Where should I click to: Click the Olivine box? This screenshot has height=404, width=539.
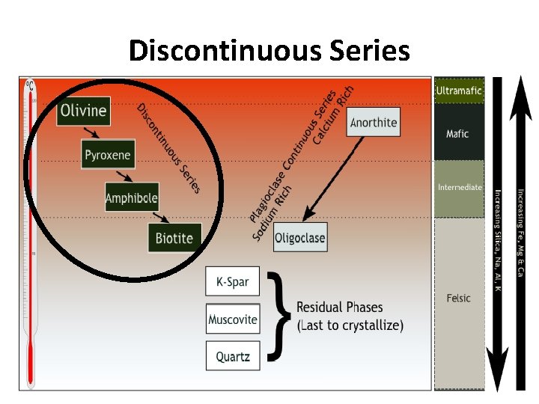click(x=84, y=111)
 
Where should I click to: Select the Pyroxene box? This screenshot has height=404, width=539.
click(x=107, y=155)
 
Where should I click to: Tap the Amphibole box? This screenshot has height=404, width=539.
click(x=132, y=198)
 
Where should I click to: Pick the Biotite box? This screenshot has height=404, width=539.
click(x=174, y=238)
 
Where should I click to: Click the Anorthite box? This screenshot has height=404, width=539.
click(x=374, y=122)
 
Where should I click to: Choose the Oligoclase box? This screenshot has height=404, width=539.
click(x=299, y=238)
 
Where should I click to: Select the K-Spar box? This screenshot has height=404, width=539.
click(x=232, y=282)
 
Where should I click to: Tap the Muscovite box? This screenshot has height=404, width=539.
click(x=233, y=319)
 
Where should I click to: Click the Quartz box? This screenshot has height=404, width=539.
click(x=233, y=356)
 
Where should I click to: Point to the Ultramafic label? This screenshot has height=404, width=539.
click(x=459, y=91)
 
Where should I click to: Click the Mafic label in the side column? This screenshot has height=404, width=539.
click(x=457, y=134)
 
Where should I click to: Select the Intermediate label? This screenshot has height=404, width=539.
click(x=460, y=187)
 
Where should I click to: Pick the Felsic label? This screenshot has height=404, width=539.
click(x=459, y=298)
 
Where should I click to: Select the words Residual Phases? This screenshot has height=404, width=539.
click(x=339, y=307)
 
